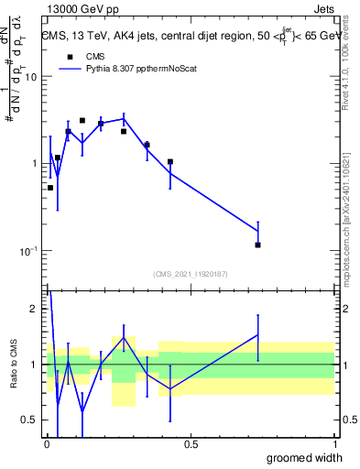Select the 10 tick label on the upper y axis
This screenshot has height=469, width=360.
click(31, 77)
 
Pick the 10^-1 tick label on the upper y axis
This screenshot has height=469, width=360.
click(29, 251)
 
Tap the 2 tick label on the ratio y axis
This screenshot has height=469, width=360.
click(35, 309)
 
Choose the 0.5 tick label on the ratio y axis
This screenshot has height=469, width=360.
click(30, 420)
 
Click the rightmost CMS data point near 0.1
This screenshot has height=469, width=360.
click(258, 245)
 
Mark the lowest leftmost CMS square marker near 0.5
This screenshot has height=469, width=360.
click(50, 187)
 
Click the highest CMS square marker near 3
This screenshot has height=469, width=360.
click(82, 120)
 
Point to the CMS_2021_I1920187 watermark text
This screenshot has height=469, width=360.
click(190, 273)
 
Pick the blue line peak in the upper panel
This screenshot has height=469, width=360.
click(125, 117)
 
